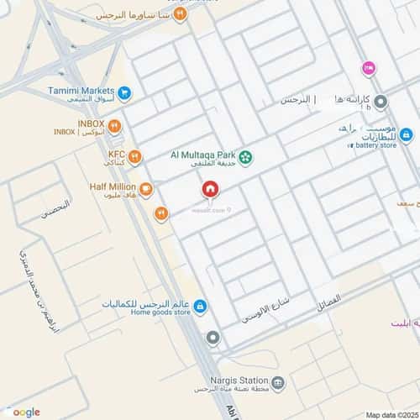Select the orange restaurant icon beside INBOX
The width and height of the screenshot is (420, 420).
(115, 127)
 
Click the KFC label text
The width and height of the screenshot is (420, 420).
(117, 155)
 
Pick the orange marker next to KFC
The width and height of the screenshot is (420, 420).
(135, 156)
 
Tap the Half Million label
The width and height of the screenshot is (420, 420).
(112, 186)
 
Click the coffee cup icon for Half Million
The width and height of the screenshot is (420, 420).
(146, 188)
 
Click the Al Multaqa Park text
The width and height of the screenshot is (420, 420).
(202, 155)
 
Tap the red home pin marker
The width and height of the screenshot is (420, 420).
(209, 189)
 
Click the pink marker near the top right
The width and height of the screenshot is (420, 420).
(367, 67)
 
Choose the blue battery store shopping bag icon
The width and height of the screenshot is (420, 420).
(406, 134)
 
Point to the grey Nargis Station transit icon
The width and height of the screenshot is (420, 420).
(279, 383)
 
